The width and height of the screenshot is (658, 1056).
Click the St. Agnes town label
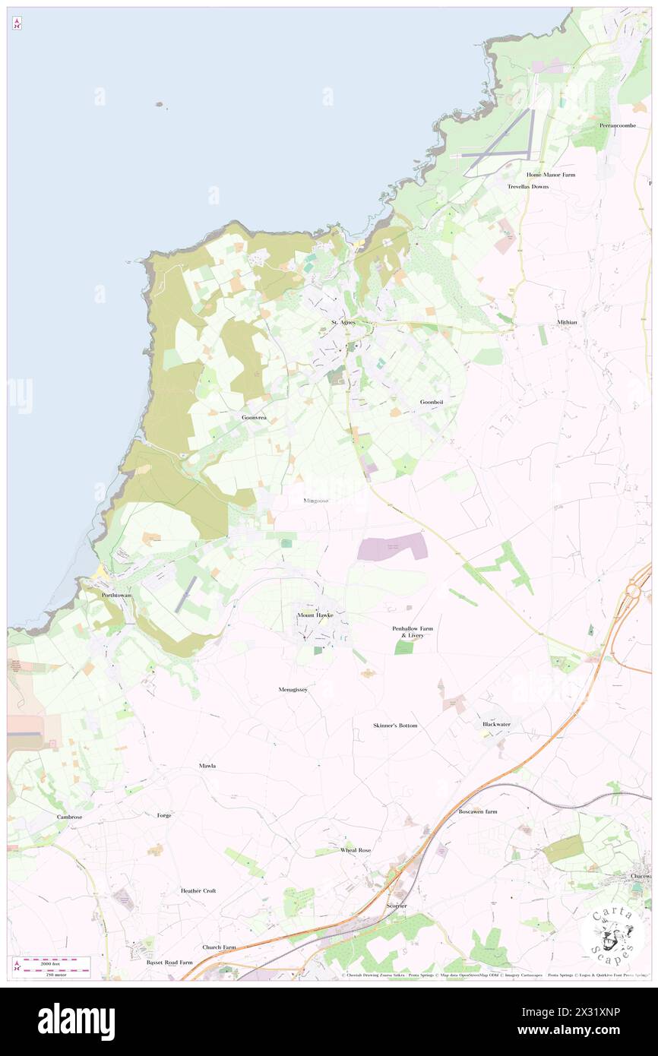[x=343, y=322]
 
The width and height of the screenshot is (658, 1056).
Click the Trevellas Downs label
[x=528, y=186]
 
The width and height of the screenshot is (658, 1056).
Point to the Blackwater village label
[x=496, y=724]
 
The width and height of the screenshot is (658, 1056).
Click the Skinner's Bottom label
[x=395, y=726]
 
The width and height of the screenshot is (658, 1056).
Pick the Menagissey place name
[x=293, y=689]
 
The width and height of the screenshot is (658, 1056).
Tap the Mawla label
[x=207, y=766]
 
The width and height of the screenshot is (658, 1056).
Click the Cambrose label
[x=69, y=817]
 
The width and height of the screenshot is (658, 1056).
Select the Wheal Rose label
[x=356, y=850]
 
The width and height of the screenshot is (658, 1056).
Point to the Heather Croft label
[x=198, y=890]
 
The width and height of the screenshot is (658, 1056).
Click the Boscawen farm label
[x=478, y=811]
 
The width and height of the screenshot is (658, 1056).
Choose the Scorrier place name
[x=397, y=906]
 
